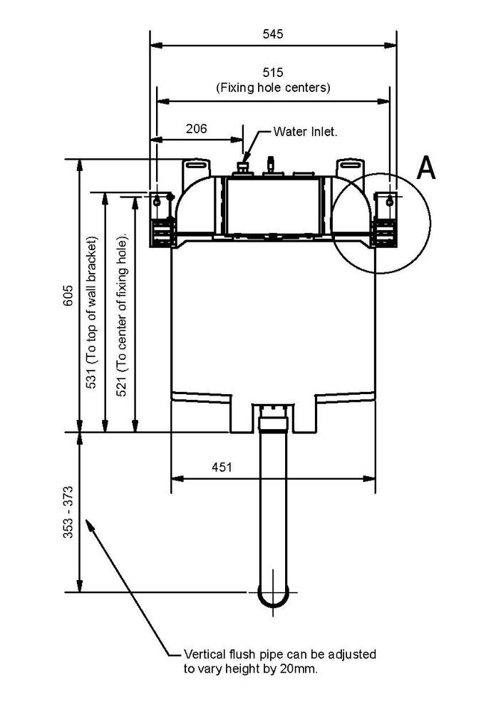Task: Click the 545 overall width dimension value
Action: click(273, 33)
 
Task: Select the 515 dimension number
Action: click(273, 73)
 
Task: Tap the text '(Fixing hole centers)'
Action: click(273, 88)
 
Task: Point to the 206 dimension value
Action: click(196, 129)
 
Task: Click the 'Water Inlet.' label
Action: click(306, 132)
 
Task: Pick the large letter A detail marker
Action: click(425, 168)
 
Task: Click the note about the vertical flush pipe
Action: click(279, 661)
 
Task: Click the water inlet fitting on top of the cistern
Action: click(244, 167)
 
